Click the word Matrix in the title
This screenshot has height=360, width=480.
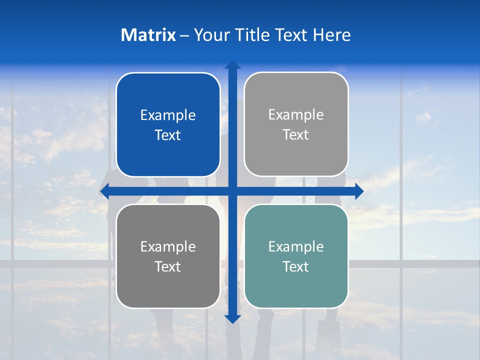(x=148, y=35)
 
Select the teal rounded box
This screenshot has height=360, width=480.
(x=296, y=290)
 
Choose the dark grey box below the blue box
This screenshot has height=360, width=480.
(x=168, y=290)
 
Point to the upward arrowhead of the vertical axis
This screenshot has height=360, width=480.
(x=232, y=65)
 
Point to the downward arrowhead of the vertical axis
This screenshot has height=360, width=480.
(x=232, y=319)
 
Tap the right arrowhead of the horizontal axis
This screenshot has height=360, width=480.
(x=359, y=191)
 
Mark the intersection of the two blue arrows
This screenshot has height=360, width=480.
(x=232, y=191)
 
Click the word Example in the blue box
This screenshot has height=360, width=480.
(x=168, y=115)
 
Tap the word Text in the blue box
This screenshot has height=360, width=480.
(x=168, y=135)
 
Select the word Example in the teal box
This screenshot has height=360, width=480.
(x=296, y=247)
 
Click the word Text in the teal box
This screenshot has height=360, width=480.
(x=296, y=266)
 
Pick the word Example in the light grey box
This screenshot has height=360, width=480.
(x=296, y=115)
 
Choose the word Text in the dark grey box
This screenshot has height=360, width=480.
(x=168, y=266)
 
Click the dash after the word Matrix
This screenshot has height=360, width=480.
(x=184, y=35)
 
